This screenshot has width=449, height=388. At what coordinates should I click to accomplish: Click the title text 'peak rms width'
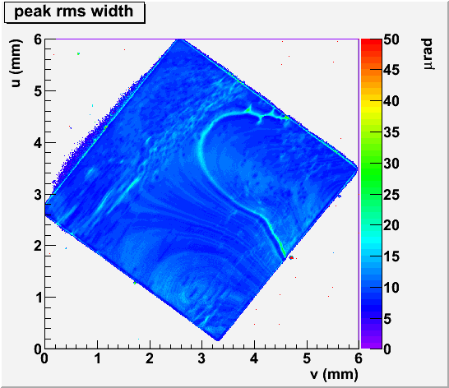pos(73,12)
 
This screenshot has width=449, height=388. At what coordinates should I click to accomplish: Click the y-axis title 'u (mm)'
pos(16,63)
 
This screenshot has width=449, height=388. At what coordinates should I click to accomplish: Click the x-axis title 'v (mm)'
pos(334,374)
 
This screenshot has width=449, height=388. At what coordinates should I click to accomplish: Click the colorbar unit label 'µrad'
pos(428,54)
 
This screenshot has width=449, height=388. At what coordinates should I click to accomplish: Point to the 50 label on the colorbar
pos(391,39)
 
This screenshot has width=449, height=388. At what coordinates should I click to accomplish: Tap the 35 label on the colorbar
pos(391,132)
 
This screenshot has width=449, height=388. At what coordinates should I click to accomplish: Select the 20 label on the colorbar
pos(391,225)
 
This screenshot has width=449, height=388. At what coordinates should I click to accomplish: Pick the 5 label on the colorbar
pos(387,318)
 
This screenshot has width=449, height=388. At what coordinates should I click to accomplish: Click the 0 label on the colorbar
pos(387,349)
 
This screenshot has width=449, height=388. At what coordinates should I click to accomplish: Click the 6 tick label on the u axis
pos(38,39)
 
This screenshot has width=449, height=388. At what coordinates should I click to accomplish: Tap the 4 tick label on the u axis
pos(38,142)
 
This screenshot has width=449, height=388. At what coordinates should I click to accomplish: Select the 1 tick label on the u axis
pos(38,298)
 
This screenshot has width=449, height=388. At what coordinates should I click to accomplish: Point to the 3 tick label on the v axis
pos(201,358)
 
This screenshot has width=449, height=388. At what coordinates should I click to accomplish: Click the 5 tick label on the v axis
pos(307,358)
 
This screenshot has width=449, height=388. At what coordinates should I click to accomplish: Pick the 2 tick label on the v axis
pos(150,358)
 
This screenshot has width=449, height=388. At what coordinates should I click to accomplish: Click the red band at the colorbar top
pos(371,43)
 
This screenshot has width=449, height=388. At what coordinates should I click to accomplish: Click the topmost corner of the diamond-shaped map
pos(179,39)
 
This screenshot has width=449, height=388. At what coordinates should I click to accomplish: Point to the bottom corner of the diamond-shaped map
pos(218,340)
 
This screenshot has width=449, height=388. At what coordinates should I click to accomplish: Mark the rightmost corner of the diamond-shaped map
pos(358,169)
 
